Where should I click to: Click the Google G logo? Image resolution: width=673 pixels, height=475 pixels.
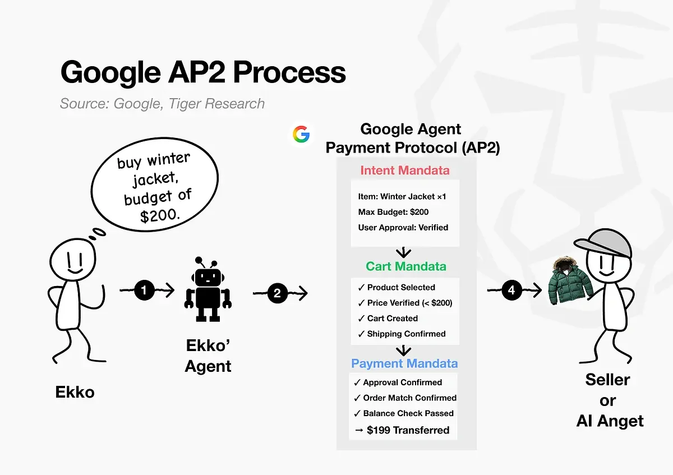[301, 135]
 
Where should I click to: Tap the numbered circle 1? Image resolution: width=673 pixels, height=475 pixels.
[144, 290]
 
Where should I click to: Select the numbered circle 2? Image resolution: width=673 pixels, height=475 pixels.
[277, 293]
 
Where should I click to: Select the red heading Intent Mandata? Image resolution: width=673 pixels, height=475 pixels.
[404, 170]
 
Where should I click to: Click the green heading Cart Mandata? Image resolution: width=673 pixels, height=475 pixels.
[406, 266]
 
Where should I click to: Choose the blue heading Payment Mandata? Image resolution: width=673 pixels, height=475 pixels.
[404, 363]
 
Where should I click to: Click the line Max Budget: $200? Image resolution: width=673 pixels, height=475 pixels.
[393, 212]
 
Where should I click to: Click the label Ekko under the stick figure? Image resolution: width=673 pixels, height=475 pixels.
[75, 392]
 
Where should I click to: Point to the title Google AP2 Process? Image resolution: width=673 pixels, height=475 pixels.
[202, 73]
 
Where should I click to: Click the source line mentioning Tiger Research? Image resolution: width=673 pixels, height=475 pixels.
[162, 104]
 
